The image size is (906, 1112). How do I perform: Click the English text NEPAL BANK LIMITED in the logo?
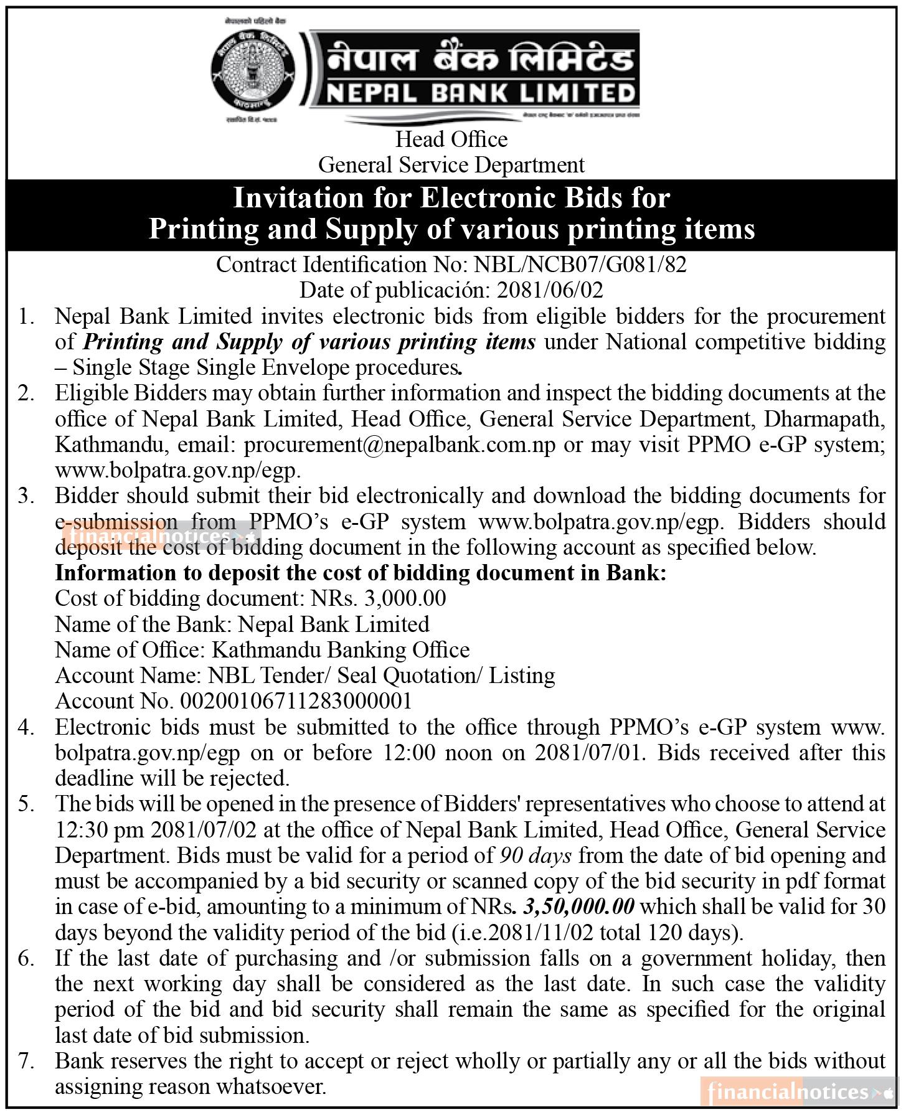[x=479, y=93]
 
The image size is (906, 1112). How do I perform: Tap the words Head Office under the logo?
[x=451, y=139]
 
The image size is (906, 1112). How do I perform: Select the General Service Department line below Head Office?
[x=451, y=165]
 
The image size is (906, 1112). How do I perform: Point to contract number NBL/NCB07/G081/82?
[x=580, y=265]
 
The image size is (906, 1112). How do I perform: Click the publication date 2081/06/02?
[x=547, y=290]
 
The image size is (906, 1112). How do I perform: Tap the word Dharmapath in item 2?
[x=824, y=419]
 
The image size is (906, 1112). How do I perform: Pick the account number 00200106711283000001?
[x=296, y=701]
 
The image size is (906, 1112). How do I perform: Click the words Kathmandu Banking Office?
[x=341, y=650]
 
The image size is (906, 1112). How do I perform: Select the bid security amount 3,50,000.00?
[x=579, y=907]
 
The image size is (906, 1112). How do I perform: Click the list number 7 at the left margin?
[x=25, y=1061]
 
